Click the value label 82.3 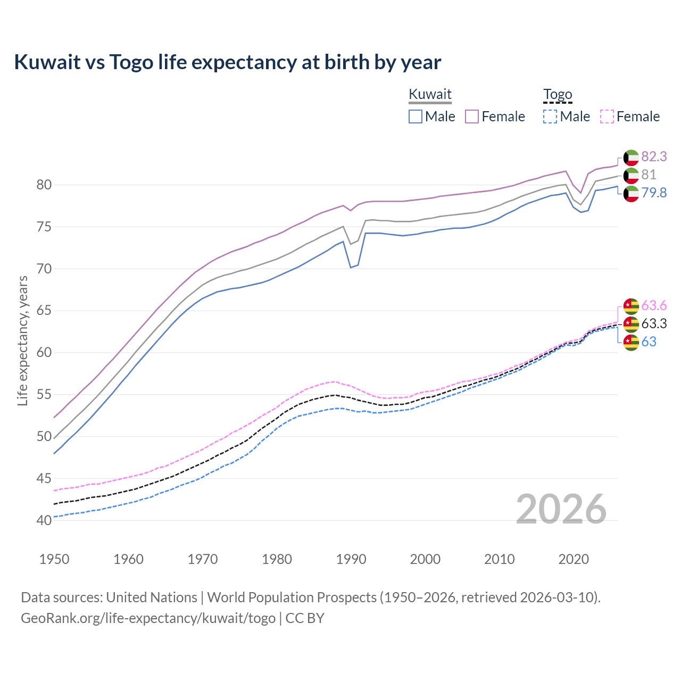[654, 156]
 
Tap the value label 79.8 [654, 193]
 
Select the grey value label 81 [649, 175]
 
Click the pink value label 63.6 [654, 305]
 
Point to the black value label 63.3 [654, 323]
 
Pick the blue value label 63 [649, 342]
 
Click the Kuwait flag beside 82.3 [631, 157]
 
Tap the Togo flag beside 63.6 [631, 306]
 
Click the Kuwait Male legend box [416, 117]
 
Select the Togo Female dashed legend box [607, 117]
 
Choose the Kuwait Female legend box [472, 117]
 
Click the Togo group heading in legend [558, 95]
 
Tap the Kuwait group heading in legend [430, 95]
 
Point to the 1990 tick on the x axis [351, 559]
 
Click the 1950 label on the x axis [54, 559]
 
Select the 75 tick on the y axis [44, 227]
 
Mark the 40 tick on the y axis [44, 520]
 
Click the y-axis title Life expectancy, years [23, 340]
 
